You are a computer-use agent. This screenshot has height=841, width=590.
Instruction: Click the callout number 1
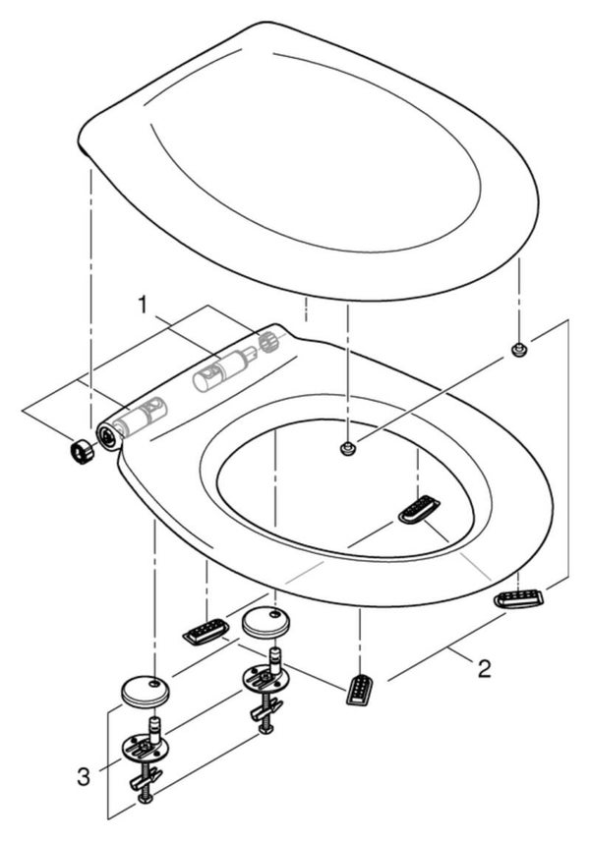(x=142, y=305)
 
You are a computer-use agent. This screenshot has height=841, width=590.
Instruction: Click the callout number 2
(x=484, y=668)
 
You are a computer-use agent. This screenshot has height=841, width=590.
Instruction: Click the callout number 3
(x=84, y=776)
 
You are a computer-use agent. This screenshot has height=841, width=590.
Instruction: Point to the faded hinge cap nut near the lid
(x=266, y=341)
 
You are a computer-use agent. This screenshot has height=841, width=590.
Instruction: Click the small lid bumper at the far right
(x=518, y=349)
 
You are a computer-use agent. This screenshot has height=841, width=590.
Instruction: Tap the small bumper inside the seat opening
(x=348, y=447)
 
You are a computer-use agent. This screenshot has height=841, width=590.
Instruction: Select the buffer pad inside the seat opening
(x=419, y=509)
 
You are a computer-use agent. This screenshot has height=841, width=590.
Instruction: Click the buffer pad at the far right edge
(x=518, y=597)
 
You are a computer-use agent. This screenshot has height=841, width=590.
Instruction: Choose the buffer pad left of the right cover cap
(x=206, y=632)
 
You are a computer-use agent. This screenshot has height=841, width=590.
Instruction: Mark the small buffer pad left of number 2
(x=359, y=688)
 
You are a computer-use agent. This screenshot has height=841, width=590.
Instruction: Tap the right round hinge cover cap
(x=266, y=621)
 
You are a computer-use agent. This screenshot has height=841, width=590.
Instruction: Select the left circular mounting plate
(x=145, y=746)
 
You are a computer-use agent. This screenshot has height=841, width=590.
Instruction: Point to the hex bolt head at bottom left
(x=145, y=799)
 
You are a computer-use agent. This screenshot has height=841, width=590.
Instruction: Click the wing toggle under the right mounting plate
(x=265, y=709)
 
